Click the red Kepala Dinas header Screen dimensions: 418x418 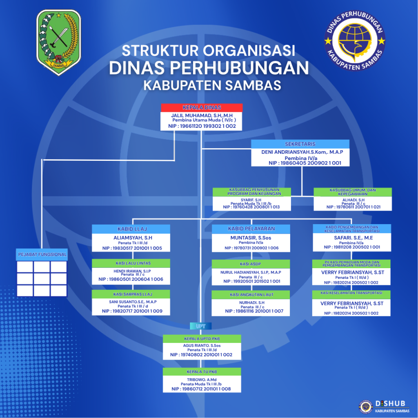[x=202, y=107]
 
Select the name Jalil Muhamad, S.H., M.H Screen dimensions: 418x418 [x=202, y=116]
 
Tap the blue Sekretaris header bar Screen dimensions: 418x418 [x=300, y=144]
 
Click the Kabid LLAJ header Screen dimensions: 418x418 [x=131, y=229]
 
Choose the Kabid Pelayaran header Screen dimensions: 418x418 [x=251, y=229]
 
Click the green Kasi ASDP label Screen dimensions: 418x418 [x=251, y=264]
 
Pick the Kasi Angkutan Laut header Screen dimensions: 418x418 [x=251, y=294]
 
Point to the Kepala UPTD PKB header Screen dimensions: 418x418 [x=201, y=338]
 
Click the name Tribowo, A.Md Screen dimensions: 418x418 [x=201, y=379]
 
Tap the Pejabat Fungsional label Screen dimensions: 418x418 [x=42, y=254]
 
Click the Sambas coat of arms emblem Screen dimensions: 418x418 [x=59, y=42]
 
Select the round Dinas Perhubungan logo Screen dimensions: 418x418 [x=354, y=41]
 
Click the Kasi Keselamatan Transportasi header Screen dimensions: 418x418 [x=351, y=293]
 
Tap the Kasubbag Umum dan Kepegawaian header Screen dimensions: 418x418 [x=353, y=192]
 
